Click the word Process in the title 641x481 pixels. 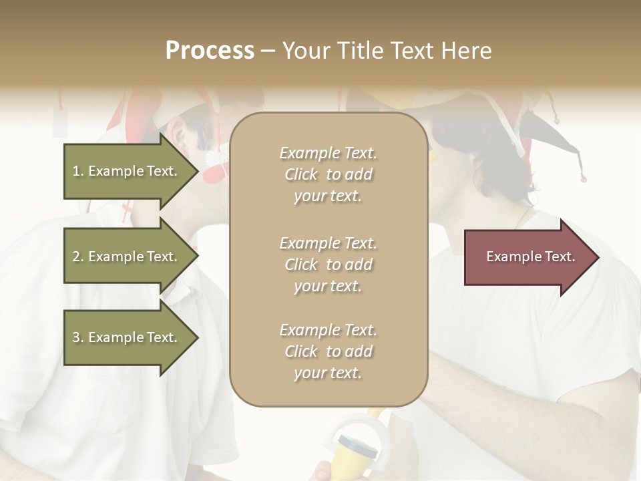210,51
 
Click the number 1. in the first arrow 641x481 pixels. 78,171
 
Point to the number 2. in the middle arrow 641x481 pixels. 78,257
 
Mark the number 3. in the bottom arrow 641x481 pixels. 78,337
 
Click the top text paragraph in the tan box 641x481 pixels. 328,174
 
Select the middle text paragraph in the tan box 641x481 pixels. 328,265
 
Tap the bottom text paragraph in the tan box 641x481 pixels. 328,351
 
